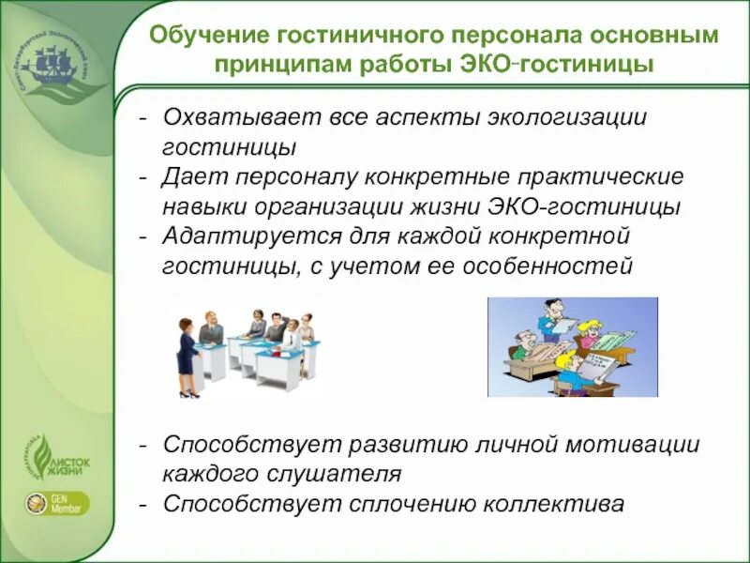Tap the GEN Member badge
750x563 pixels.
point(58,502)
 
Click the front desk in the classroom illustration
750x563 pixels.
point(281,369)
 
